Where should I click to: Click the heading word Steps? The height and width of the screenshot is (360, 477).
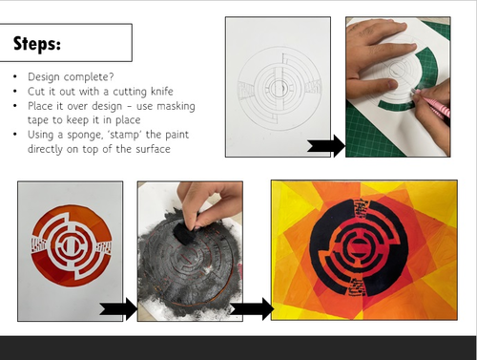point(37,44)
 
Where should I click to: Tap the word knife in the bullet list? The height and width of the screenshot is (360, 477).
point(162,92)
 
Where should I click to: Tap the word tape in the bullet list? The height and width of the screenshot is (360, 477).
point(38,120)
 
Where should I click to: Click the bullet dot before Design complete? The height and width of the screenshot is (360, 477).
point(15,77)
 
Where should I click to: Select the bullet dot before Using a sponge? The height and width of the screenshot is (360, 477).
point(15,135)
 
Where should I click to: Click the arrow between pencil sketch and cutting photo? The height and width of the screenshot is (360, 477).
point(326,146)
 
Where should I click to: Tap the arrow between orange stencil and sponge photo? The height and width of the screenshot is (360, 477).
point(118,308)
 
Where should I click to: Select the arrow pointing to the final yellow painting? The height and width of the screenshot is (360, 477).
point(252,308)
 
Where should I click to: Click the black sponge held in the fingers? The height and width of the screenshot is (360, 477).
point(184,232)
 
